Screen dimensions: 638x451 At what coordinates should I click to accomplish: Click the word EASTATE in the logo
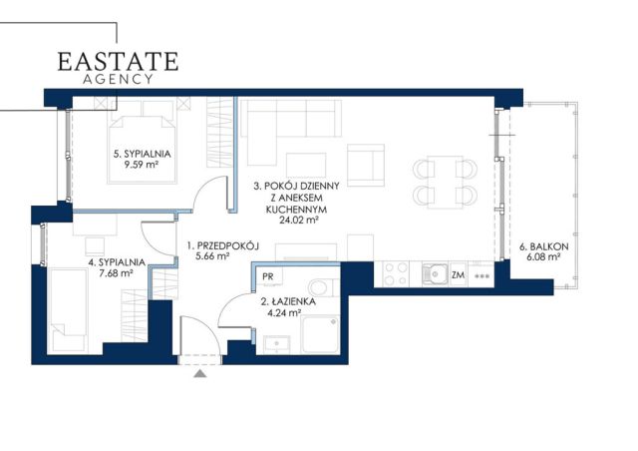pos(118,62)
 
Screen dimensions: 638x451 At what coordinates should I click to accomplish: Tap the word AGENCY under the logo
pos(118,79)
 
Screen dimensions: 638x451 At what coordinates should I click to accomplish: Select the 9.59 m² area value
pos(142,165)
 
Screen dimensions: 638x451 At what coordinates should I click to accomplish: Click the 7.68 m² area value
pos(117,273)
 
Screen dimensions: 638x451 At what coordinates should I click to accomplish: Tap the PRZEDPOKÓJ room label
pos(228,245)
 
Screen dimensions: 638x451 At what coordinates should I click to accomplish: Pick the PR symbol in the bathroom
pos(268,276)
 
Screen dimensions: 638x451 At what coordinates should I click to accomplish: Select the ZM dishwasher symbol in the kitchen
pos(459,275)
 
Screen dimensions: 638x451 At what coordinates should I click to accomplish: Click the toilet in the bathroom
pos(323,287)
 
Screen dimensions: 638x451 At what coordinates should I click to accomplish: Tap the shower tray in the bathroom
pos(320,335)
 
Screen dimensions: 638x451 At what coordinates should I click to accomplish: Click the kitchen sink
pos(435,273)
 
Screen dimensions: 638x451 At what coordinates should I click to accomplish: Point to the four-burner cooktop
pos(396,273)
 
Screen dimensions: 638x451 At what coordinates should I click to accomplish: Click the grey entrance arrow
pos(199,373)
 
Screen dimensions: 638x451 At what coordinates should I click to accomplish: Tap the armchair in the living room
pos(366,165)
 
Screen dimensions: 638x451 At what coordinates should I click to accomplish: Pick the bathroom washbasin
pos(277,344)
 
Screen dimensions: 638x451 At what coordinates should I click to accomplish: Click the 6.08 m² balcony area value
pos(544,257)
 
